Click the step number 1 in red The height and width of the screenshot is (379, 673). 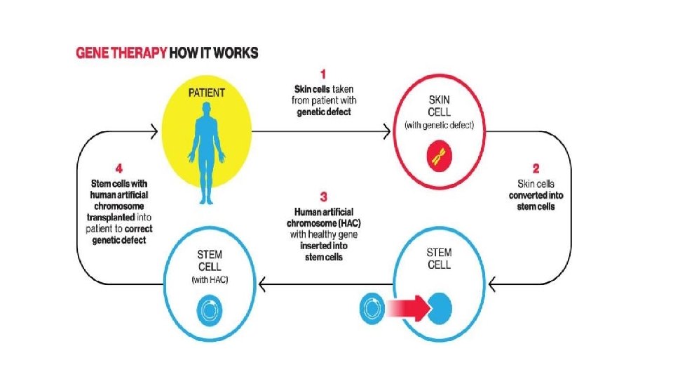[x=322, y=72]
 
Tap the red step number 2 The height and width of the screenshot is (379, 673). [x=536, y=168]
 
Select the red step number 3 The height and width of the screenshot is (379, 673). [x=323, y=195]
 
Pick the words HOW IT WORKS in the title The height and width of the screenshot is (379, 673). [x=214, y=53]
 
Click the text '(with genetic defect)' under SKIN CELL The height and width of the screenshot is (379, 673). [x=440, y=126]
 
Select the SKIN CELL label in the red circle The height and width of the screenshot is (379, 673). [x=440, y=106]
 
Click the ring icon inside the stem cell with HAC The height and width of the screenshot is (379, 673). [x=208, y=309]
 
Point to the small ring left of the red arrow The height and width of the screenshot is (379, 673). [x=372, y=309]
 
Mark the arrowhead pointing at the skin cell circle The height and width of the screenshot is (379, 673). [x=386, y=129]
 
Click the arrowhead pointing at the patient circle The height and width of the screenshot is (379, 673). [x=155, y=129]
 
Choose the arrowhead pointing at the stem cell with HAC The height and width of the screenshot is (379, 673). [x=262, y=283]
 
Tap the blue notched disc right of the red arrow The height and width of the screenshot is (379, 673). [x=440, y=309]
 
